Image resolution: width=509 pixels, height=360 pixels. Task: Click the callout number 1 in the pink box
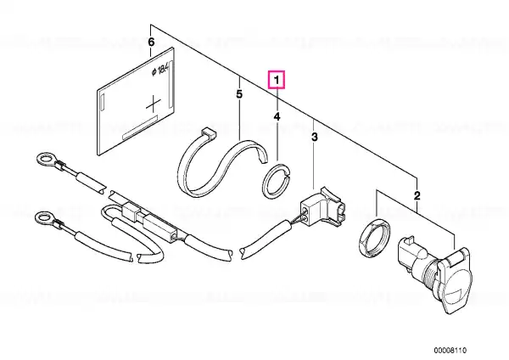tap(277, 80)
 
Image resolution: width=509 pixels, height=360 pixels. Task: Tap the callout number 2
tap(417, 195)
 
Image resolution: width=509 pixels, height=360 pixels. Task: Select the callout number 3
tap(314, 138)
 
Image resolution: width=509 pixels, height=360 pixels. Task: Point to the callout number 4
tap(277, 116)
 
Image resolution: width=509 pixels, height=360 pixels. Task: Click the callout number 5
tap(239, 94)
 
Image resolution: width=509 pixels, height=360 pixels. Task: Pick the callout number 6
tap(151, 42)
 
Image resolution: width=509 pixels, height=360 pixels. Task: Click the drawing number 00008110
tap(450, 351)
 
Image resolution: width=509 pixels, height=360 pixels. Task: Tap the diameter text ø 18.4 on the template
tap(160, 70)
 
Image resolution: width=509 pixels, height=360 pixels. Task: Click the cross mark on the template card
tap(153, 104)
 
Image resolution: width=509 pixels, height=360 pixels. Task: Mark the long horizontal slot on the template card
tap(140, 127)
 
